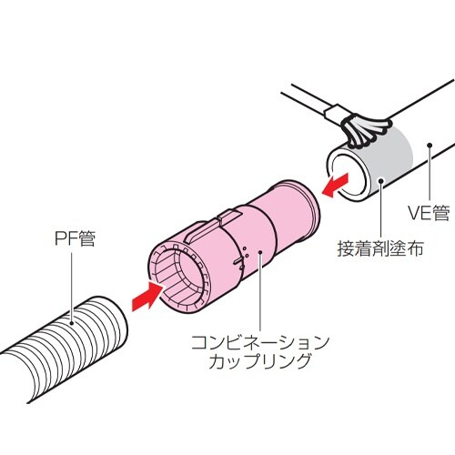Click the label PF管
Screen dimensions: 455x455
tap(75, 240)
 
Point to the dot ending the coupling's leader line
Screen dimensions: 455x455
tap(257, 255)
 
